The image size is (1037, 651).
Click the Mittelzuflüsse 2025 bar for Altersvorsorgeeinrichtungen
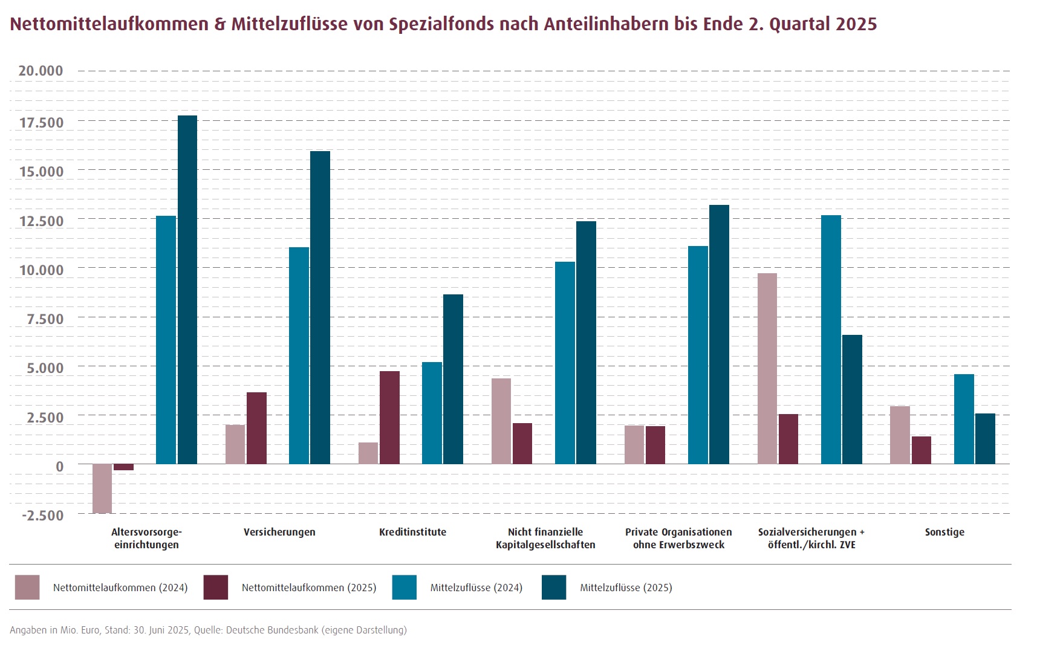point(187,290)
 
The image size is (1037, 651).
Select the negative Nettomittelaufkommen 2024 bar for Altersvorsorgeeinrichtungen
point(102,488)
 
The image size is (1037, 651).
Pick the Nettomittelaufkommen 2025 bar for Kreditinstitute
point(389,417)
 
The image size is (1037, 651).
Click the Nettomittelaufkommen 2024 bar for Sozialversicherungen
point(767,369)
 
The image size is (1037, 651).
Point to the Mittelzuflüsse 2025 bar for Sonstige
point(985,438)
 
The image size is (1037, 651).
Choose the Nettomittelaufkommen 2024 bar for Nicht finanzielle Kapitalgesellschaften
point(501,421)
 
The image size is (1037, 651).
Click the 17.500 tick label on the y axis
point(41,123)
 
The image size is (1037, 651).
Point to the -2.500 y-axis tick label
point(42,516)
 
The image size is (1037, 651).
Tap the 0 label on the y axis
point(59,467)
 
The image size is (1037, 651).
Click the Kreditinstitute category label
point(412,533)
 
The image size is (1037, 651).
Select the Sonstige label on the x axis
point(944,533)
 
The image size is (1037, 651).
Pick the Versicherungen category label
point(279,533)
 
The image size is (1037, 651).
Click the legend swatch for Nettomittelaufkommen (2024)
point(27,588)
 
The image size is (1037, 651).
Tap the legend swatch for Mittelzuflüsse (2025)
point(554,588)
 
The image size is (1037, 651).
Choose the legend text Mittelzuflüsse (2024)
point(476,588)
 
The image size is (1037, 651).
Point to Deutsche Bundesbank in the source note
point(272,630)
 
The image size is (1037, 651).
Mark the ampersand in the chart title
point(219,24)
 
